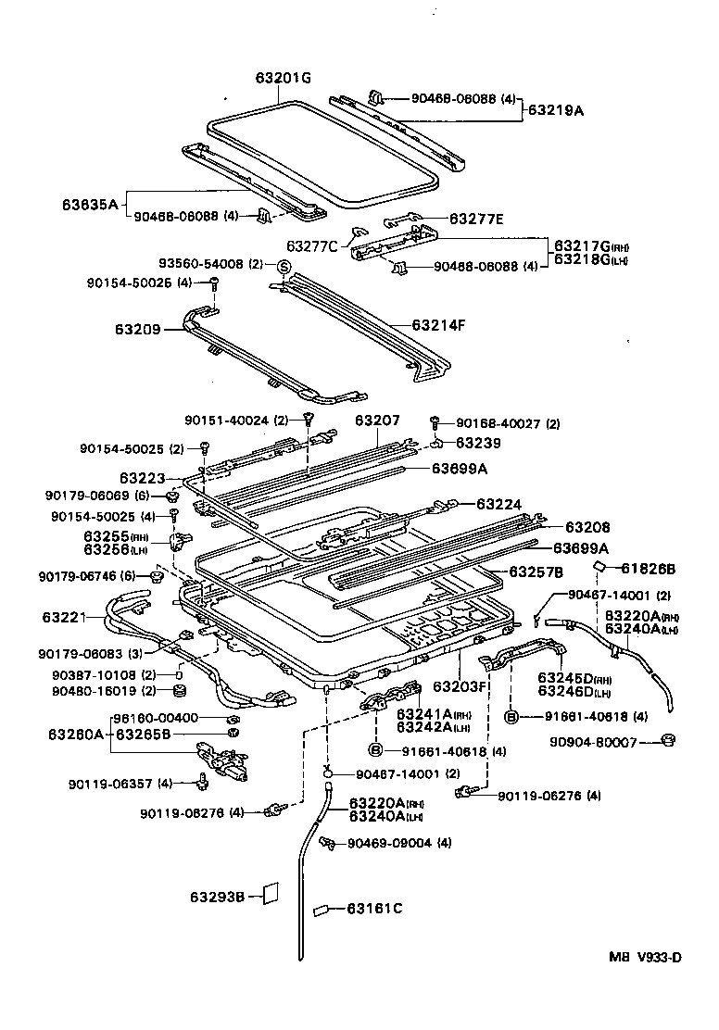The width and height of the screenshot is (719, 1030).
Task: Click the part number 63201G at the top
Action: click(284, 79)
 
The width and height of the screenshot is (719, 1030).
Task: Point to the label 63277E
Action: click(476, 219)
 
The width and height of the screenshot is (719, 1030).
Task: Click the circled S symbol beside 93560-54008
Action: click(284, 267)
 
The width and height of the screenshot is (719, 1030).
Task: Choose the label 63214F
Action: click(438, 325)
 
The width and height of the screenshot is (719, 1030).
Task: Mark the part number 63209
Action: click(137, 328)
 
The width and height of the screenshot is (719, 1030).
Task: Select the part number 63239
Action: click(477, 443)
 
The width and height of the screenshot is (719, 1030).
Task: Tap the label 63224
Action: click(499, 505)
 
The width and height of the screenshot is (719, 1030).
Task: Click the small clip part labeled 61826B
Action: click(599, 567)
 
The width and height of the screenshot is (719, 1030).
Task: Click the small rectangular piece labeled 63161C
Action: click(322, 910)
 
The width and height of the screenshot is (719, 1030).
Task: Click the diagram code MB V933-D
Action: click(645, 957)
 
